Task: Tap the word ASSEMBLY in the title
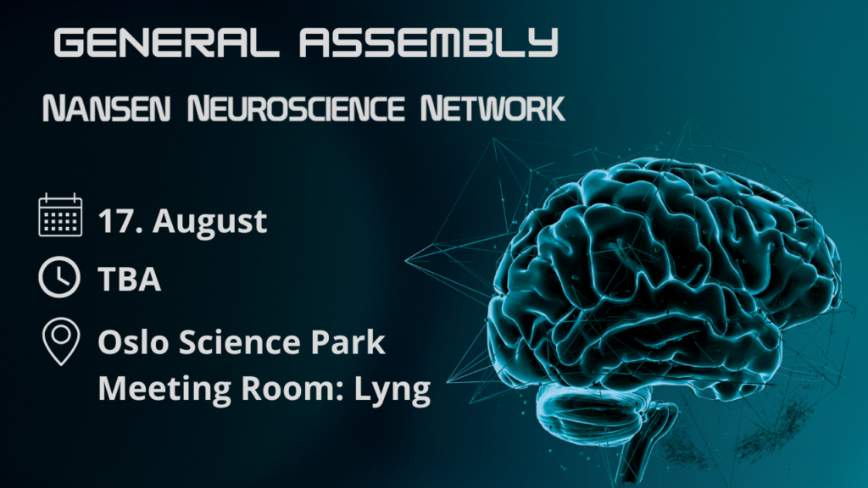[428, 42]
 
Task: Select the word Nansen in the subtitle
[106, 108]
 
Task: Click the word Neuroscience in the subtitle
[296, 108]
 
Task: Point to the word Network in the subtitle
[492, 108]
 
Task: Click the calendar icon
[60, 215]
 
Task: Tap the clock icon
[59, 277]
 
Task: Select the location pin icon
[61, 341]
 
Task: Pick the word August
[210, 223]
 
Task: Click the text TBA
[130, 279]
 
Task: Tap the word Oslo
[133, 341]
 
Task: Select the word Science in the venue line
[239, 341]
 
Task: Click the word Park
[348, 341]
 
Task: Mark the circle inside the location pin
[61, 334]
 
